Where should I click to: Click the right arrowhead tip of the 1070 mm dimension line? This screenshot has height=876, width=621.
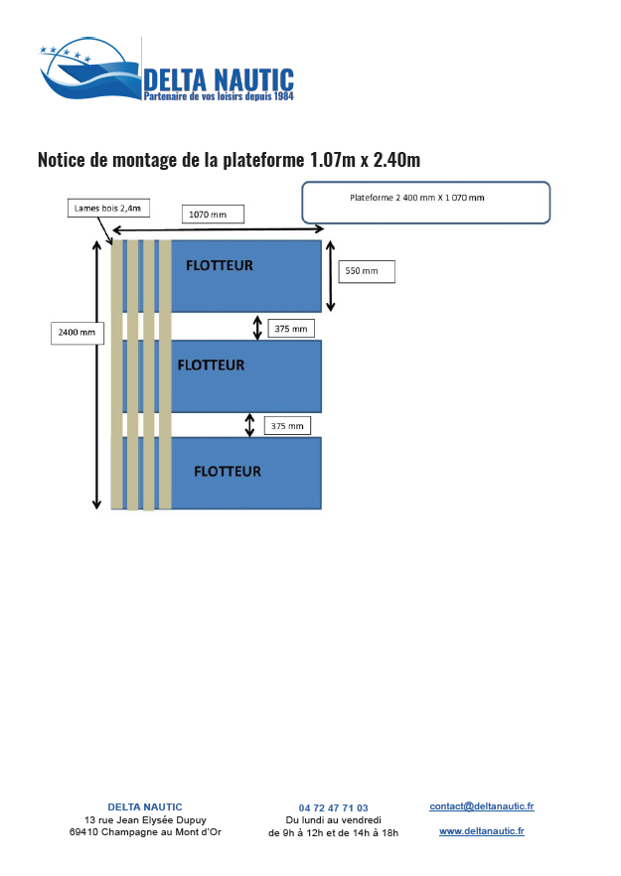(324, 228)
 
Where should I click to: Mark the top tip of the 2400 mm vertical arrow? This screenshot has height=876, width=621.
(96, 241)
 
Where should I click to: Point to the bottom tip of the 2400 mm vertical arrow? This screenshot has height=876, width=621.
(96, 509)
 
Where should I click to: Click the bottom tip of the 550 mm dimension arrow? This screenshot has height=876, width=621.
(330, 311)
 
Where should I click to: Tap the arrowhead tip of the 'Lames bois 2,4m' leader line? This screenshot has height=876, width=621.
(112, 243)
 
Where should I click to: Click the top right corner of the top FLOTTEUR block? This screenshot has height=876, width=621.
(321, 240)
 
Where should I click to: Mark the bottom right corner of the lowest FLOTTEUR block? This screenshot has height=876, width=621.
(321, 509)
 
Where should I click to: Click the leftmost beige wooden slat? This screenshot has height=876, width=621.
(116, 374)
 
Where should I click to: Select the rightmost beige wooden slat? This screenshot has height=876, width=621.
(166, 374)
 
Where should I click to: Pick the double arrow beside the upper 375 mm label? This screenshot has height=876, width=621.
(257, 328)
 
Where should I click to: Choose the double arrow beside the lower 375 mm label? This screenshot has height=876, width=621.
(249, 425)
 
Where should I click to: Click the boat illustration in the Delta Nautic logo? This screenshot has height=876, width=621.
(90, 69)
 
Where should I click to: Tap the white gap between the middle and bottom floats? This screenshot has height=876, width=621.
(246, 425)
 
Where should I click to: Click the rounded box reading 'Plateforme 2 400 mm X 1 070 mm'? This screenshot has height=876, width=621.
(426, 203)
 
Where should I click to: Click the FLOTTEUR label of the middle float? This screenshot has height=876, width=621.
(211, 365)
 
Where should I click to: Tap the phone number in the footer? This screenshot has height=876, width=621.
(333, 807)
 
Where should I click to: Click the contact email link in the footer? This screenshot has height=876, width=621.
(482, 806)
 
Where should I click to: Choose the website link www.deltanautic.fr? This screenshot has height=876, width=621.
(482, 830)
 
